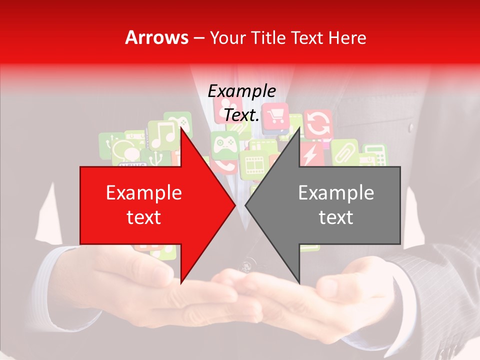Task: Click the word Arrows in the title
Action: pos(156,37)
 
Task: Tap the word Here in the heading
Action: pos(347,37)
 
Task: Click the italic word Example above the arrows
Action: pos(241,91)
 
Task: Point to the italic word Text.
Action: pos(241,115)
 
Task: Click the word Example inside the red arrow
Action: pos(144,193)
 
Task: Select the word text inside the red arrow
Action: pos(144,217)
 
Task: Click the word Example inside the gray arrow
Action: pos(336,193)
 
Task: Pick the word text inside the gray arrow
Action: pos(336,217)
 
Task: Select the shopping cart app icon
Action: pos(275,118)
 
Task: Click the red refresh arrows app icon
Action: pos(317,124)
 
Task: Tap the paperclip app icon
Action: pos(344,152)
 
